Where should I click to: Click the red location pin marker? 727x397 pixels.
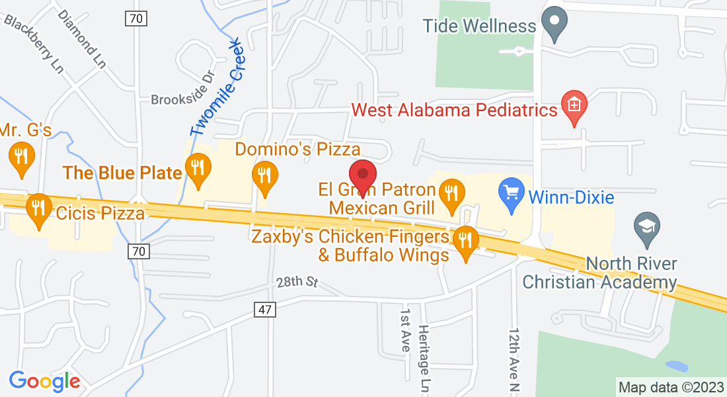point(362,175)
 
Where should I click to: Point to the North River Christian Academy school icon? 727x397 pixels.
point(646,227)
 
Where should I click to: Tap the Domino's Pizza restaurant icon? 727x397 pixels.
point(265,177)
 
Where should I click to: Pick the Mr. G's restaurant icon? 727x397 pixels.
point(22,157)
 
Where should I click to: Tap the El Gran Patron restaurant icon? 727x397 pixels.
point(452,195)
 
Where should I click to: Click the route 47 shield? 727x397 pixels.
point(263,308)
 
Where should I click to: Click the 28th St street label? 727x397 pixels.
point(297,282)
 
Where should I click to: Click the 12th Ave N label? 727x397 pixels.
point(514,357)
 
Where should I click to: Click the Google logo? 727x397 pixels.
point(44,381)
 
